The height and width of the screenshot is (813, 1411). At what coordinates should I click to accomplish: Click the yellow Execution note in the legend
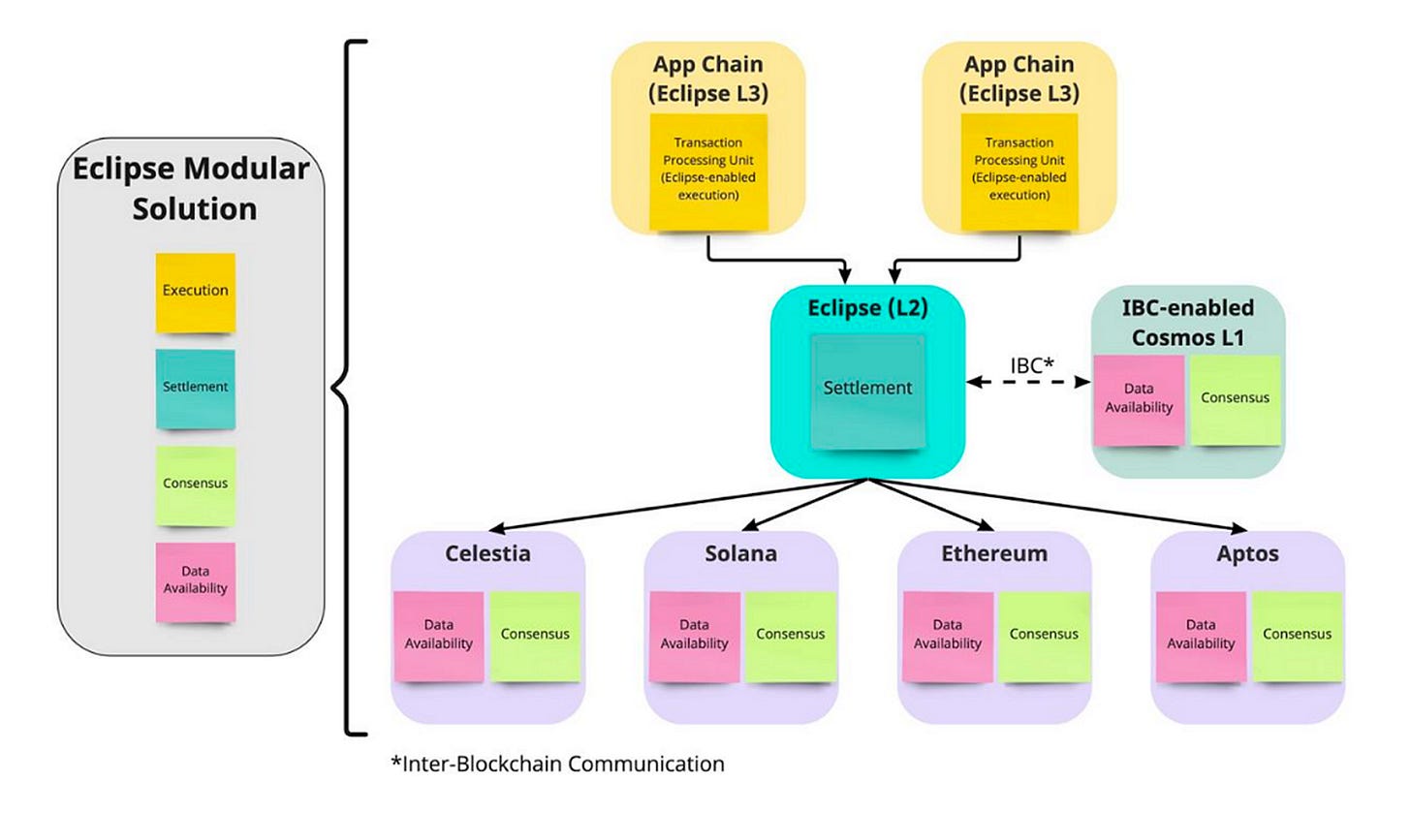[x=196, y=293]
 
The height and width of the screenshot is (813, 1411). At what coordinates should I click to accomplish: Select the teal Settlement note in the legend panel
[x=196, y=389]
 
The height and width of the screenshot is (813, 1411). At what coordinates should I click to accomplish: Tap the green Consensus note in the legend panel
[x=196, y=485]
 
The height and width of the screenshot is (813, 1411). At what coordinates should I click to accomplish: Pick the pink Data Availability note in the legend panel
[x=196, y=581]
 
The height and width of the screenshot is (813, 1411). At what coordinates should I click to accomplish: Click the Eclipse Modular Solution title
[x=192, y=188]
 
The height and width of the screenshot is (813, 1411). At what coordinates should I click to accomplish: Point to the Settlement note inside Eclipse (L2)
[x=868, y=391]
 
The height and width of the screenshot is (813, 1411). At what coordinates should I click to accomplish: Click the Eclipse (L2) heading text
[x=867, y=308]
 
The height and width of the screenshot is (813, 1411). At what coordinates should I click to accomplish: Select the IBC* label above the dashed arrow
[x=1032, y=364]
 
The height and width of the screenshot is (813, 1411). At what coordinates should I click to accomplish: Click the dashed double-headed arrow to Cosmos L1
[x=1028, y=382]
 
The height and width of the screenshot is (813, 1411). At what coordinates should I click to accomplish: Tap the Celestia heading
[x=487, y=553]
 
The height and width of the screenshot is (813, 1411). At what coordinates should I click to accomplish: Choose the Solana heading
[x=740, y=553]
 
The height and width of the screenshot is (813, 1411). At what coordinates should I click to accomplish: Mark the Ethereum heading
[x=994, y=553]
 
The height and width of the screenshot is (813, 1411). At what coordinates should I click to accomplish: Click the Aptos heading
[x=1248, y=554]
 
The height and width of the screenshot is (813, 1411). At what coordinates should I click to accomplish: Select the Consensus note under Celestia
[x=535, y=636]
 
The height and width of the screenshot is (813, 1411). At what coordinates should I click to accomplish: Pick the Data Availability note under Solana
[x=694, y=636]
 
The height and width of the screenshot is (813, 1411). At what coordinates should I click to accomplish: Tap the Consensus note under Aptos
[x=1297, y=636]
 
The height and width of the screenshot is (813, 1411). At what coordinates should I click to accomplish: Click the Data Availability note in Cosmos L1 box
[x=1139, y=400]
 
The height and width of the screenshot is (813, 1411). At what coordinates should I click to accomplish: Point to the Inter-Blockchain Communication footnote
[x=557, y=764]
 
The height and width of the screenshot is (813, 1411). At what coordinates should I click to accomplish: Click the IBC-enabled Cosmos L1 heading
[x=1188, y=323]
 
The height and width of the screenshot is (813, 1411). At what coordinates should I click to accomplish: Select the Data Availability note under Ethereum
[x=948, y=636]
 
